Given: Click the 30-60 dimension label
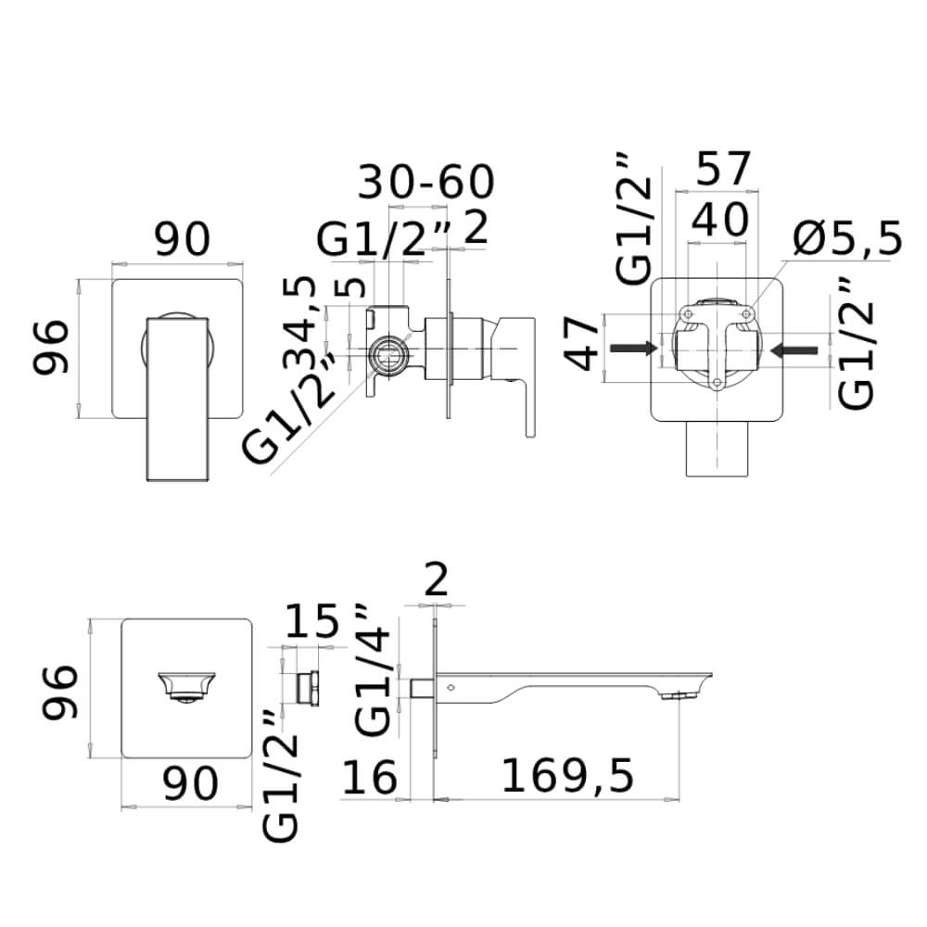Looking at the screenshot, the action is [425, 182].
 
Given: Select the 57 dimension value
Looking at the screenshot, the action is [724, 168].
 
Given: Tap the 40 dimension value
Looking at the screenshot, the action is [719, 220].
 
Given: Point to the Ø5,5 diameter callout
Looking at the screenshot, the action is [848, 238].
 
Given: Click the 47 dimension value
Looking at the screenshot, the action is [582, 343].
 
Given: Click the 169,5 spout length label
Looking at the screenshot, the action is [567, 776].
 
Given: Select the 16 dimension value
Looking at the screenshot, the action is [370, 778].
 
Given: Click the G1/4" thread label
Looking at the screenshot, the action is [374, 670].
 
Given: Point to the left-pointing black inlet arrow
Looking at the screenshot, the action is [794, 350].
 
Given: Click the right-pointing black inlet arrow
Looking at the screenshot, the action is [634, 349].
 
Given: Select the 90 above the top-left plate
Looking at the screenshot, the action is [183, 239].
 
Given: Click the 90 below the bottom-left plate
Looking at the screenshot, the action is [191, 783].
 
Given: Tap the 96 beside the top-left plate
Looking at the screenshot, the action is [50, 347].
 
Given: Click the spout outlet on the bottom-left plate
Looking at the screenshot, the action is [187, 687].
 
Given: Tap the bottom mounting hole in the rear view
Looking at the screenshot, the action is [717, 383].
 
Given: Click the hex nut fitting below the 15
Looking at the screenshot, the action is [308, 688].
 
